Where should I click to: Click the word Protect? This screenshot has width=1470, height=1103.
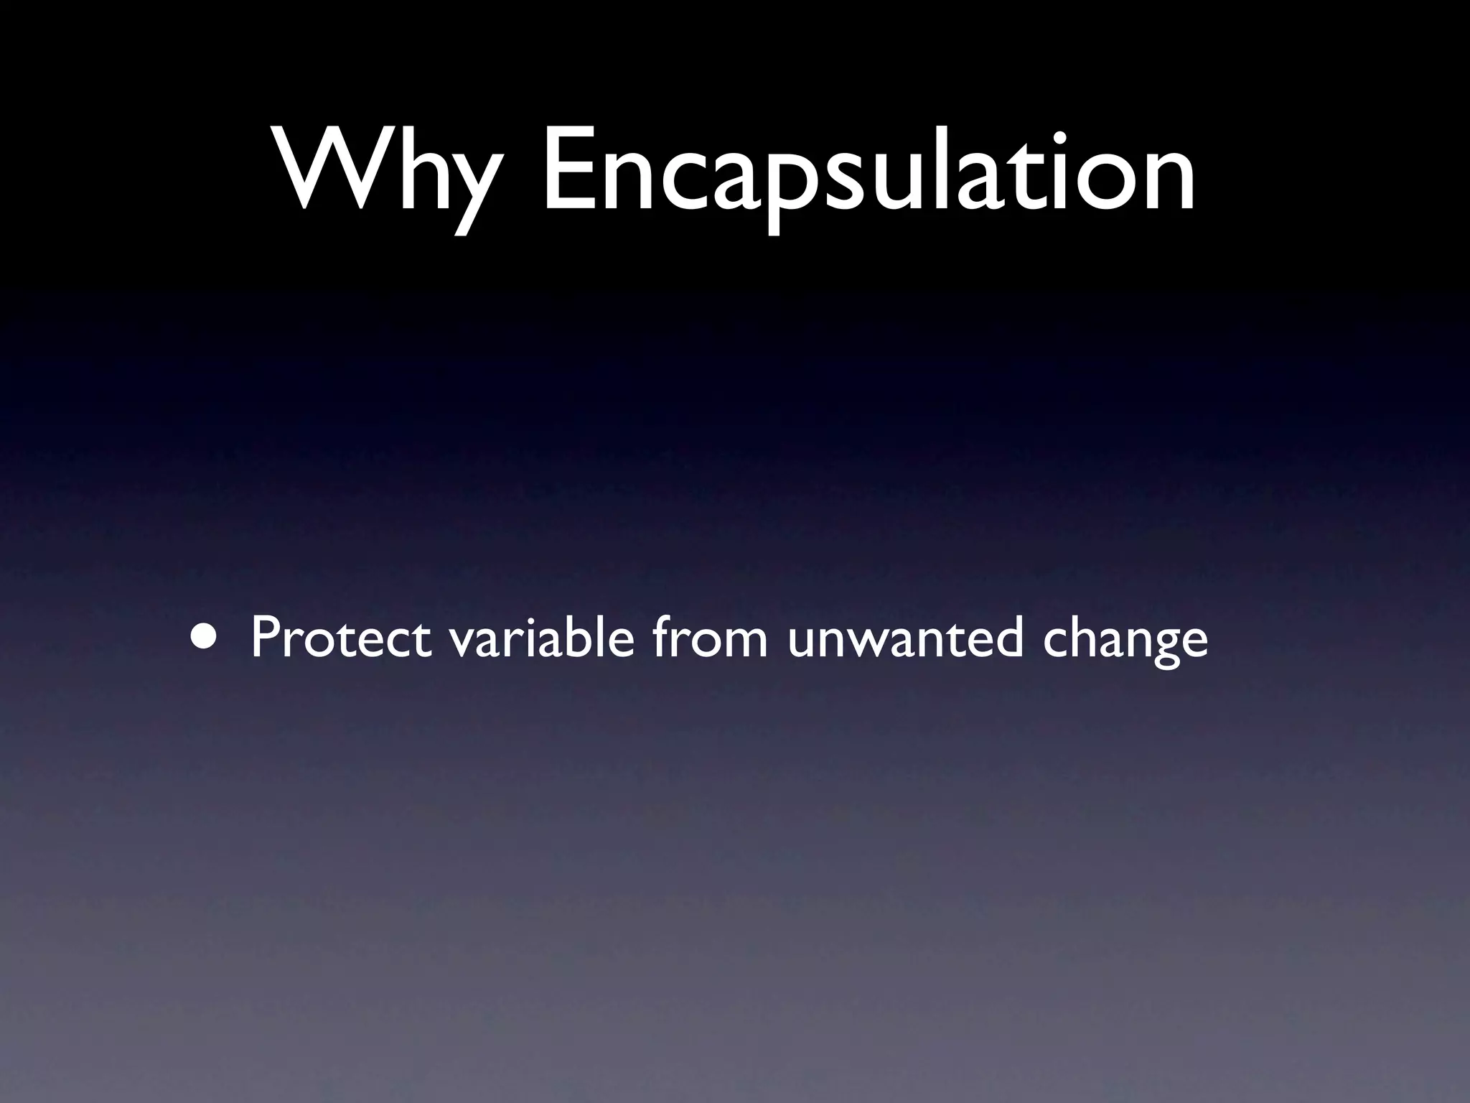click(341, 638)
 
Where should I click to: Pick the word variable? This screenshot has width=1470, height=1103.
click(542, 638)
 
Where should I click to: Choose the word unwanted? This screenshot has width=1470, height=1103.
click(904, 638)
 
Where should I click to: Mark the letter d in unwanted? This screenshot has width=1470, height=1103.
click(1005, 636)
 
